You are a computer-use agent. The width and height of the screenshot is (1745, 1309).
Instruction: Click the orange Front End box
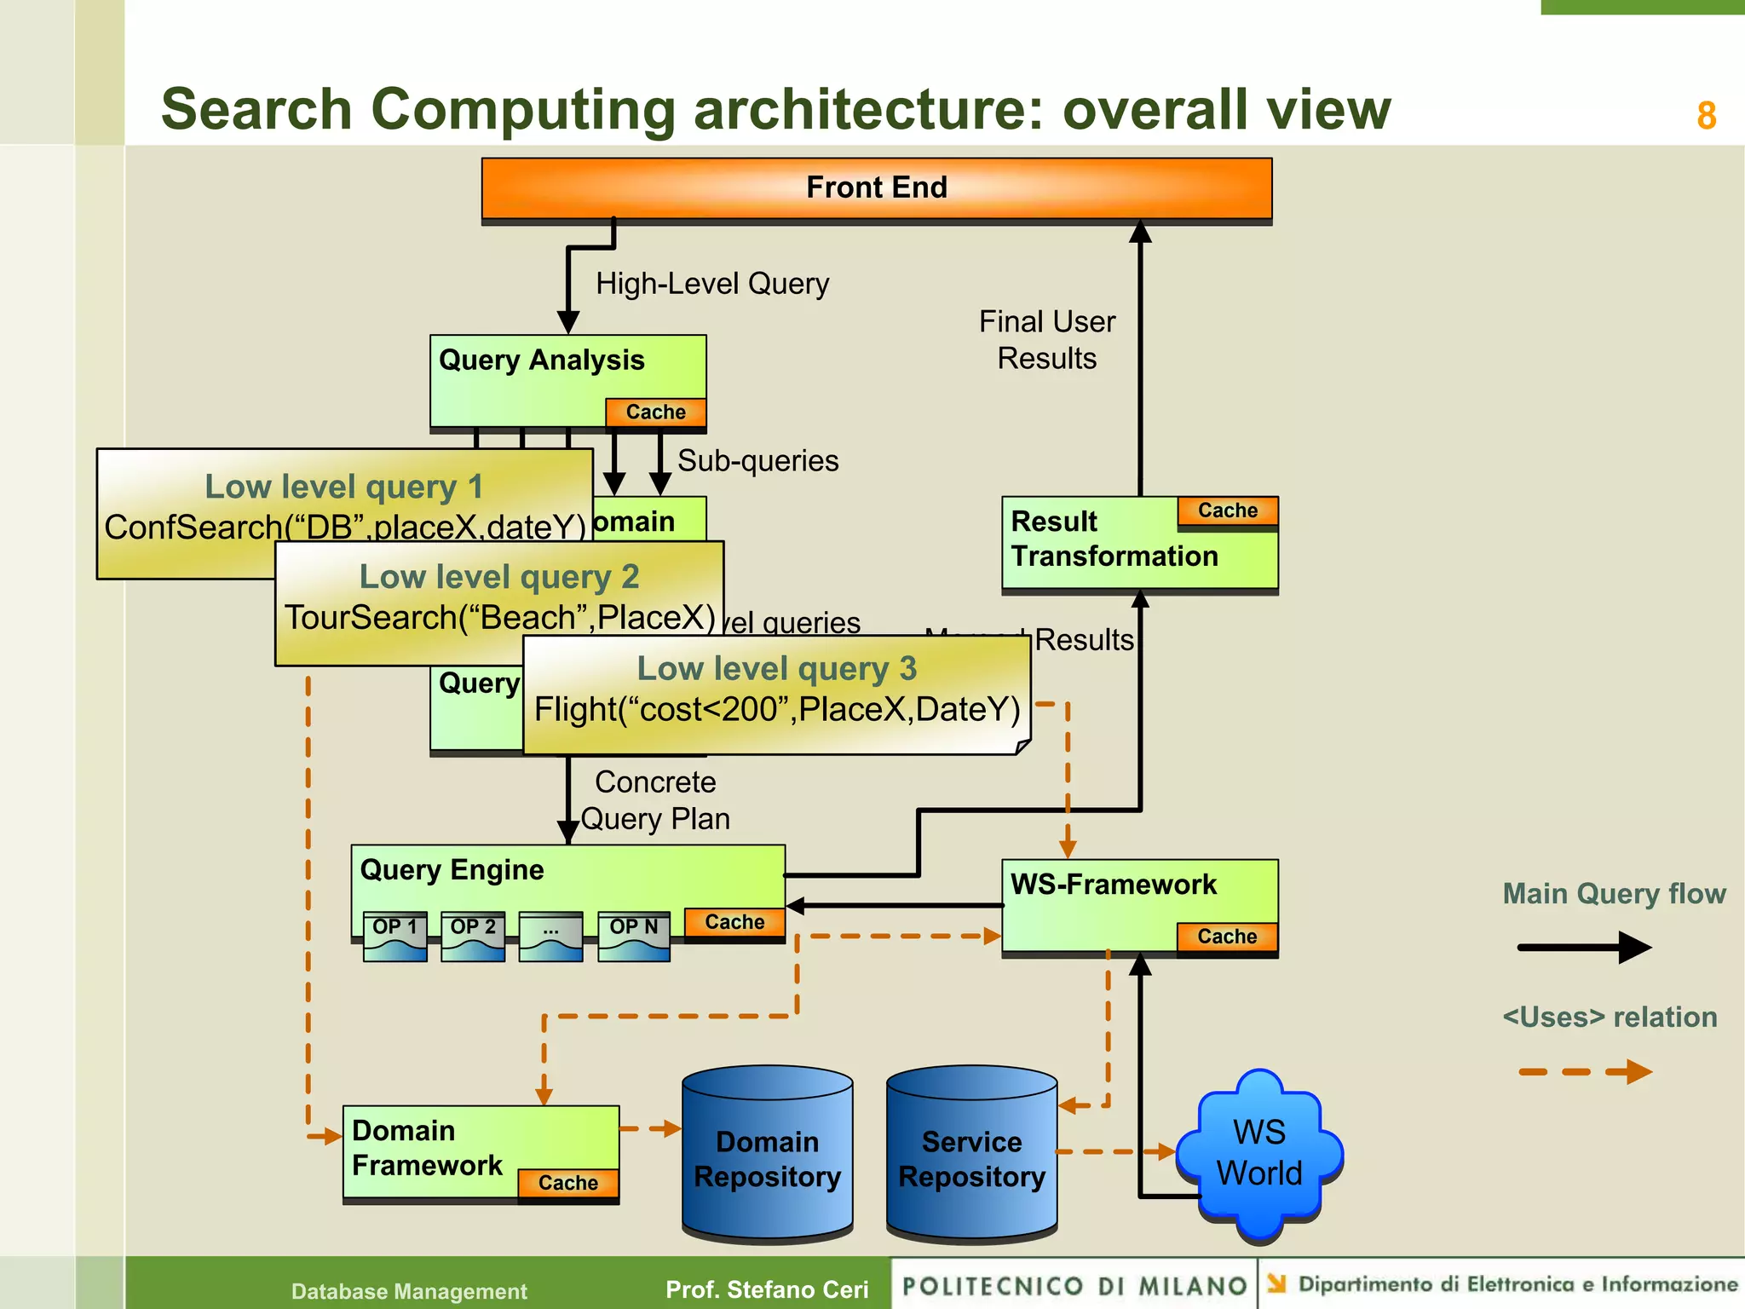[x=876, y=188]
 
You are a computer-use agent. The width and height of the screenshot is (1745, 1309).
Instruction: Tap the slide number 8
[x=1706, y=116]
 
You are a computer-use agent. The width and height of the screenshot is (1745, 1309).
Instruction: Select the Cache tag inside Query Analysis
[x=655, y=412]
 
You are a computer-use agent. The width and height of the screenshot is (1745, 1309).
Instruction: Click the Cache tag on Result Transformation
[x=1227, y=510]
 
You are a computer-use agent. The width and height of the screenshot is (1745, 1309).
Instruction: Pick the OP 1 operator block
[x=394, y=936]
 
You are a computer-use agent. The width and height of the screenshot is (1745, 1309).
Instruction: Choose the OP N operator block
[x=633, y=936]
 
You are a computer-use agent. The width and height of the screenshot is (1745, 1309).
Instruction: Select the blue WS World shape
[x=1258, y=1152]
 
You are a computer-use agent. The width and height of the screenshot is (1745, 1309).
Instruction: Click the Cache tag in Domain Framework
[x=567, y=1183]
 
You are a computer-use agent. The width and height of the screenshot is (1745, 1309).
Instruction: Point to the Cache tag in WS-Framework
[x=1227, y=937]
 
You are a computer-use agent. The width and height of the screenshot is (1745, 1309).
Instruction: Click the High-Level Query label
[x=712, y=284]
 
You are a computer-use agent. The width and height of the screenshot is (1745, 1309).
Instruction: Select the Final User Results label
[x=1046, y=340]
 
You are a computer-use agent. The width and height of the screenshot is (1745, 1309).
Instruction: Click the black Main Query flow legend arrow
[x=1583, y=947]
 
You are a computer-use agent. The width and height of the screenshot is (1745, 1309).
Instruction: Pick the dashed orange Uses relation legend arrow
[x=1583, y=1071]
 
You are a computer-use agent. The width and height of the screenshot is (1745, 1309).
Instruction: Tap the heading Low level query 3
[x=776, y=669]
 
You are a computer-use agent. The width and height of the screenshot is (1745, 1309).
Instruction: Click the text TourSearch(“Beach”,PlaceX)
[x=499, y=618]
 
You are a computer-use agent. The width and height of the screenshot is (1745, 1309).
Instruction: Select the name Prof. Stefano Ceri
[x=767, y=1289]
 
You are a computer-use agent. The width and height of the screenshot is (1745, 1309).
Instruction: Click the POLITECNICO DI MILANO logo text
[x=1074, y=1286]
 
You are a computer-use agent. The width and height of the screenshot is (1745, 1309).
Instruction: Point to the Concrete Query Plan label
[x=654, y=800]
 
